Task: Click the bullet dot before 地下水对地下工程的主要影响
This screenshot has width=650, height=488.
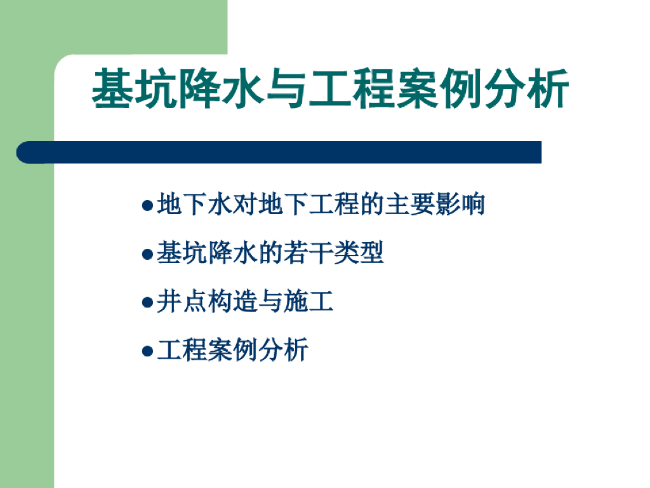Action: tap(147, 207)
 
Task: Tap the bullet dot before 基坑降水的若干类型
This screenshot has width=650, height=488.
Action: tap(147, 255)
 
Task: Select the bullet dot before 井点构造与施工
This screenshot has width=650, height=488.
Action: tap(147, 303)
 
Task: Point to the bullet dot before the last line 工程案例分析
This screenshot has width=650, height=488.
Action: tap(147, 351)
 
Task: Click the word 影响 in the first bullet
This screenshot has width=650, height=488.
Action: tap(460, 205)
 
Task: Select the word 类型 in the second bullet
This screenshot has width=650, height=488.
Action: tap(359, 253)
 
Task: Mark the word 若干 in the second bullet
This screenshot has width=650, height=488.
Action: tap(308, 253)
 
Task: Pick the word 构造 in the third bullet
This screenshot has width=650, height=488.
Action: tap(232, 301)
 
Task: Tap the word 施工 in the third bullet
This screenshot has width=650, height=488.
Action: tap(308, 301)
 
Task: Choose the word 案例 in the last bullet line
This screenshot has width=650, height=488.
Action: tap(232, 349)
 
